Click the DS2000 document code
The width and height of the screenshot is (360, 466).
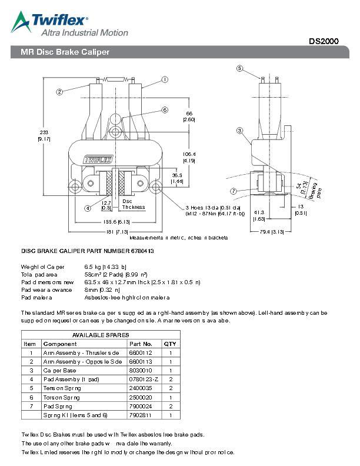pos(324,42)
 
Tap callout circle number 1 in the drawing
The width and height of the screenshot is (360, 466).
pos(165,79)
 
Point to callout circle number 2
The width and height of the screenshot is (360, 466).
pos(60,92)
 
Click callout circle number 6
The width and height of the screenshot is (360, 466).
pos(165,110)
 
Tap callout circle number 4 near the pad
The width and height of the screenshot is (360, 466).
pos(88,208)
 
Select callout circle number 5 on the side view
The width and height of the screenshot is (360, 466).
pos(240,68)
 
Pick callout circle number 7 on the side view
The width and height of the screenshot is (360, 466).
pos(234,191)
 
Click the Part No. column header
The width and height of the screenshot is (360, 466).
pos(141,344)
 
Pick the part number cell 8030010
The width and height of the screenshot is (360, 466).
pos(140,371)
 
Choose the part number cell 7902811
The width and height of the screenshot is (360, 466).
pos(140,415)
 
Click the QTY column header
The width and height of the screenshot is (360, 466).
pos(170,344)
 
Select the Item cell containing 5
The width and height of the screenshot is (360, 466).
pos(31,388)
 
